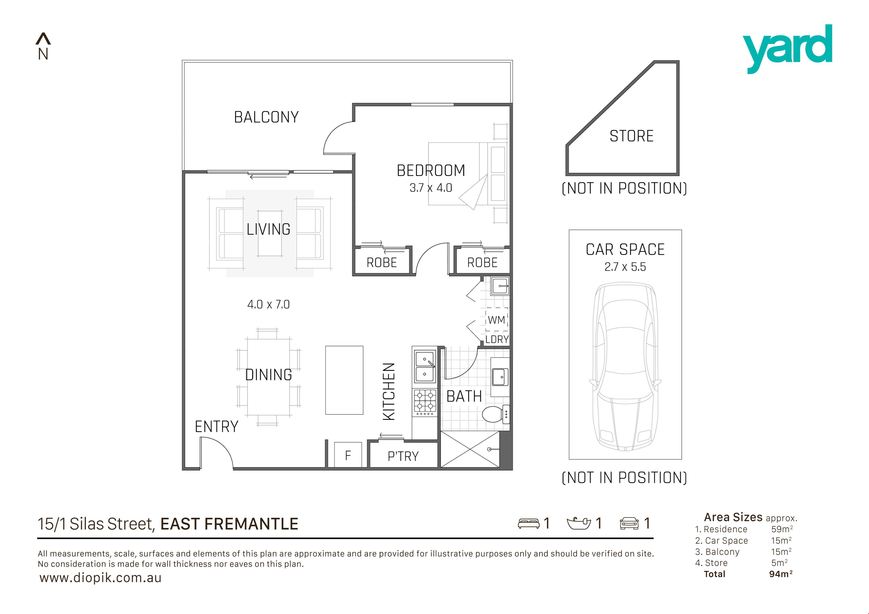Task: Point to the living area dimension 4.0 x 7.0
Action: (268, 304)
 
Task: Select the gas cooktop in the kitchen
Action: (425, 401)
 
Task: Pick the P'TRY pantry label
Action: (403, 456)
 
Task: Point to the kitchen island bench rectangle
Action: (344, 380)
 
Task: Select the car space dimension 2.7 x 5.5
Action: (625, 267)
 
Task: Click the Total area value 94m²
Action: (781, 574)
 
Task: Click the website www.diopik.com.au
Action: (100, 578)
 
